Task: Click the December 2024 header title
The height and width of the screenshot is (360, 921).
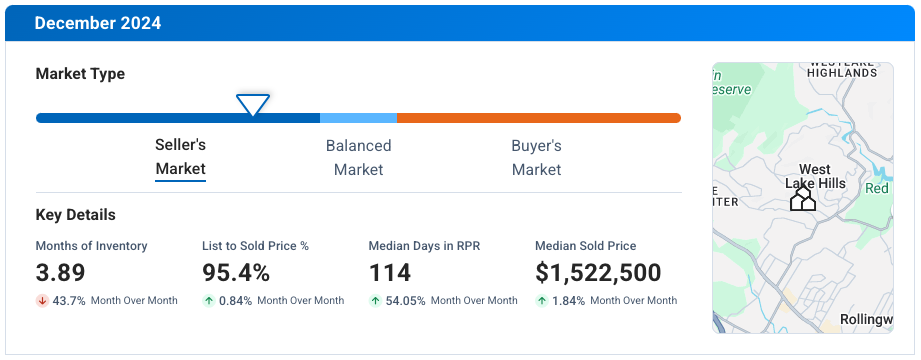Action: (x=97, y=23)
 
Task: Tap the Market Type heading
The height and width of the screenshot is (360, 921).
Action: (x=80, y=74)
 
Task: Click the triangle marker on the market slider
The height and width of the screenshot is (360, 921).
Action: (x=252, y=104)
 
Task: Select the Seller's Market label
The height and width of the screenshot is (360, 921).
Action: (x=180, y=157)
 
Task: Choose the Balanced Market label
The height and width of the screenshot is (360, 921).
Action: (x=358, y=157)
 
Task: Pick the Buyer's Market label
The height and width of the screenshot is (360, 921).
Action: (x=536, y=157)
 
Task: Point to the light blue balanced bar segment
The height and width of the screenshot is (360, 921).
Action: (x=358, y=118)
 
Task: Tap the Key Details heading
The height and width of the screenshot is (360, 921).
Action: (x=75, y=215)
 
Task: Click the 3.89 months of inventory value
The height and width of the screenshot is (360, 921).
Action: (x=61, y=273)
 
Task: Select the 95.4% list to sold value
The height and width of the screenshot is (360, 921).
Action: (x=236, y=273)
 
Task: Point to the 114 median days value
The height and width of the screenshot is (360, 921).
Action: (x=391, y=273)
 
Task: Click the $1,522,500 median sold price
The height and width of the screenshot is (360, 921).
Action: (x=598, y=273)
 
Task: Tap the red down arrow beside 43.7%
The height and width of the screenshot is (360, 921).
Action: (x=42, y=301)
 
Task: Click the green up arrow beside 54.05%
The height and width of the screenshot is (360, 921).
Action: (x=375, y=301)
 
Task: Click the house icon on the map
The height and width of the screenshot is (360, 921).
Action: (x=802, y=200)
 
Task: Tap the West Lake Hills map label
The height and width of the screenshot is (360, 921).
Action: (x=815, y=177)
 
